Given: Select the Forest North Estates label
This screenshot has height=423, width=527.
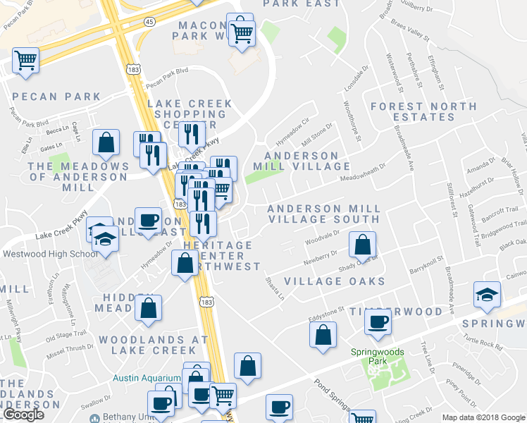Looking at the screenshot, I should (x=425, y=111).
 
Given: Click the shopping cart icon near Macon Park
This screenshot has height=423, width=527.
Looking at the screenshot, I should (x=242, y=32).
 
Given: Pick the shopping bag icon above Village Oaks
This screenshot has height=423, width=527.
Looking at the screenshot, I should (x=362, y=246).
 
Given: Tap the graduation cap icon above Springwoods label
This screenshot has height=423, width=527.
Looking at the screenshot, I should (x=487, y=295).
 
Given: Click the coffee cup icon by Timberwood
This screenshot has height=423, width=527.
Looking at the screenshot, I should (x=378, y=323).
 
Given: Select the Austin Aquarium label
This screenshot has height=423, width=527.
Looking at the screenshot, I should (x=146, y=378).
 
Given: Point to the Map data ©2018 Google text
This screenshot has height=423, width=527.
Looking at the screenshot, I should (x=483, y=417).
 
